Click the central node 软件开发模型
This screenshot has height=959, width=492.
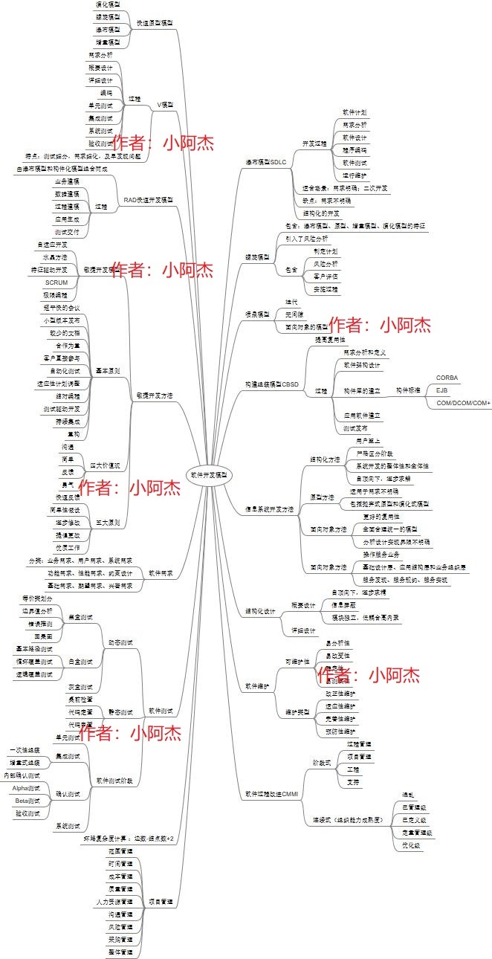point(208,474)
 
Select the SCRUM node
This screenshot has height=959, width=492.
point(56,283)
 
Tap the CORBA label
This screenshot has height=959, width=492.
point(447,378)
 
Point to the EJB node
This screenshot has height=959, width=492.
point(442,390)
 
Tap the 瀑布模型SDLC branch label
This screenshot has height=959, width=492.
point(266,161)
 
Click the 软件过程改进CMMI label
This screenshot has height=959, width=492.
point(271,794)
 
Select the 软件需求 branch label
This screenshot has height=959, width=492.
point(161,573)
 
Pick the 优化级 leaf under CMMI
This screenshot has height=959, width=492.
point(412,845)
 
